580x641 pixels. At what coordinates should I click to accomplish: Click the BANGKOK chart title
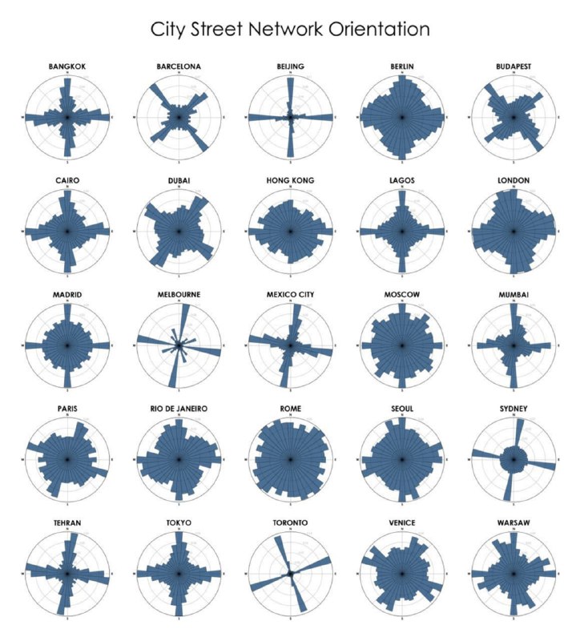pos(67,67)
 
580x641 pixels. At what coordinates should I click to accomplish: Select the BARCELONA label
pos(179,67)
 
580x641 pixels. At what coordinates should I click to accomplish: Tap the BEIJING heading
pos(289,67)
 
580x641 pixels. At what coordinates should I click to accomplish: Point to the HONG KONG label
pos(289,181)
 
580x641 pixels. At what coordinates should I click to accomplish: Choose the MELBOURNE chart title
pos(179,295)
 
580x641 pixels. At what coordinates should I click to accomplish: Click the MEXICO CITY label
pos(289,295)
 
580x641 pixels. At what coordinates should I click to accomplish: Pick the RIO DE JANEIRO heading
pos(179,409)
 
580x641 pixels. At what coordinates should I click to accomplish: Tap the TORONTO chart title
pos(289,523)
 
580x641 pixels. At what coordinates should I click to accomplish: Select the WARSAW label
pos(512,523)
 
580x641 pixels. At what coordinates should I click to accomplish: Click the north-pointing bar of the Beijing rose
pos(290,96)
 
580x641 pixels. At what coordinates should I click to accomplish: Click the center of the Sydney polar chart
pos(512,460)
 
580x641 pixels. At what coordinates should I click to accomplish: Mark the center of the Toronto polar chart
pos(289,574)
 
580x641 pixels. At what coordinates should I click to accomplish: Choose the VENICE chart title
pos(401,523)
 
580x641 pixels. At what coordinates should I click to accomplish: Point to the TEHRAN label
pos(67,523)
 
